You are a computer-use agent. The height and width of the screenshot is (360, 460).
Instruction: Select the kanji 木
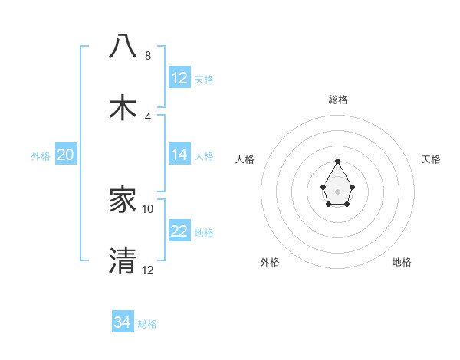coord(123,106)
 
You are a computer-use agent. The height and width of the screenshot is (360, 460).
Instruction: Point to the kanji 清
coord(123,260)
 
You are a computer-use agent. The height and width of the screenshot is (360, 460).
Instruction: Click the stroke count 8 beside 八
coord(148,56)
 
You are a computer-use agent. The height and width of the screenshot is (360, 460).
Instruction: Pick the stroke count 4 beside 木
coord(148,117)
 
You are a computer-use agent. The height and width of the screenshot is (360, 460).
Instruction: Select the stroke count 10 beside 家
coord(148,209)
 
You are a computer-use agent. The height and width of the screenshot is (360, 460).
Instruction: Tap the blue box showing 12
coord(179,77)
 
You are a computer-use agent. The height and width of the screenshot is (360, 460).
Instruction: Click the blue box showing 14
coord(179,155)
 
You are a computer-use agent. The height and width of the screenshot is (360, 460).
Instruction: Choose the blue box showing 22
coord(179,231)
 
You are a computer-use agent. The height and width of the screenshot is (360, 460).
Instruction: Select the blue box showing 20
coord(66,155)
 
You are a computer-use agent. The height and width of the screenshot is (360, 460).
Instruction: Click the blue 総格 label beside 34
coord(147,324)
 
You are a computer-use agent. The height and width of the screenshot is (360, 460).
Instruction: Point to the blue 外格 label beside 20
coord(41,156)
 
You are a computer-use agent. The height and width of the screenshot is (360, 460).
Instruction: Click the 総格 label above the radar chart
coord(337,100)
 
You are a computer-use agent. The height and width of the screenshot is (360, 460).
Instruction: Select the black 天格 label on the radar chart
coord(432,159)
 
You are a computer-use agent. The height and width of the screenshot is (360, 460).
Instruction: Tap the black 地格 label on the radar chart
coord(402,262)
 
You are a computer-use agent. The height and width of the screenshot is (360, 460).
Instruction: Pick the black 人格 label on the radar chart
coord(245,159)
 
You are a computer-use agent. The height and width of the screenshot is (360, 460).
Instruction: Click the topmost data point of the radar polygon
coord(337,162)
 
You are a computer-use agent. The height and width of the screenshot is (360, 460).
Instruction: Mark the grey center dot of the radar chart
coord(337,190)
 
